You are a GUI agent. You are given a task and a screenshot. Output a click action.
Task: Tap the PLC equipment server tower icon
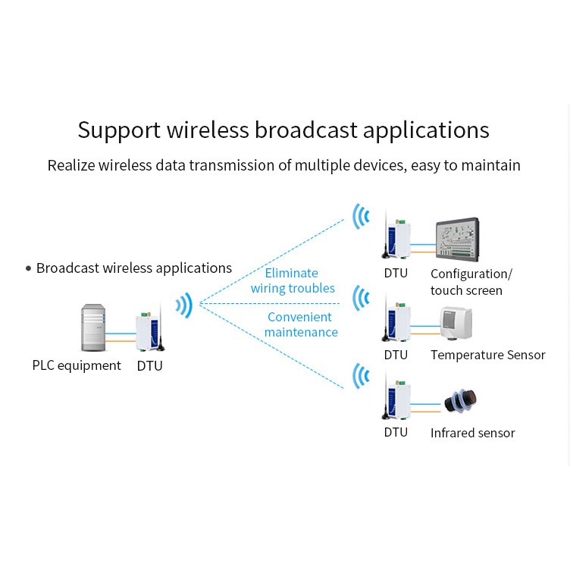pyautogui.click(x=94, y=327)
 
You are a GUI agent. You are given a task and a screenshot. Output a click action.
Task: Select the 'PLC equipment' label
pyautogui.click(x=77, y=365)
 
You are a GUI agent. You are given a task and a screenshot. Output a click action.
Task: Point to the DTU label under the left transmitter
pyautogui.click(x=149, y=366)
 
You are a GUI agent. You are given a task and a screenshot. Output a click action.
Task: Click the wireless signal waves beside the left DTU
pyautogui.click(x=183, y=305)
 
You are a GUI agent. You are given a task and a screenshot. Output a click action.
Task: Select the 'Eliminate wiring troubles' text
pyautogui.click(x=293, y=280)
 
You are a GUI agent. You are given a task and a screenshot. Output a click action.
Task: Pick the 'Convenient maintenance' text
pyautogui.click(x=300, y=324)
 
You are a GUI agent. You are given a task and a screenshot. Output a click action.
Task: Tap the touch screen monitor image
pyautogui.click(x=458, y=240)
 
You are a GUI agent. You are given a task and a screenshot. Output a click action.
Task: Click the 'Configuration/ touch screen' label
pyautogui.click(x=471, y=282)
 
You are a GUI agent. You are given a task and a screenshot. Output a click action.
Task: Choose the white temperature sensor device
pyautogui.click(x=456, y=323)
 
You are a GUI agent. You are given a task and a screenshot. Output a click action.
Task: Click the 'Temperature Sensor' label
pyautogui.click(x=487, y=355)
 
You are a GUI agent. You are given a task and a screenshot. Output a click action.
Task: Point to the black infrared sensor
pyautogui.click(x=460, y=400)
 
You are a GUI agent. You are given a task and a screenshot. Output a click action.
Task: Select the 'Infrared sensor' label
pyautogui.click(x=472, y=433)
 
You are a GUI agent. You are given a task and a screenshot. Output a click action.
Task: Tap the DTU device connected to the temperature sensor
pyautogui.click(x=396, y=320)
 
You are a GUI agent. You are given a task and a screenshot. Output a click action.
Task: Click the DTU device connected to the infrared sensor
pyautogui.click(x=396, y=397)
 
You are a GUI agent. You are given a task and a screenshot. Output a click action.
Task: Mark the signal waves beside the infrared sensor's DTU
pyautogui.click(x=362, y=376)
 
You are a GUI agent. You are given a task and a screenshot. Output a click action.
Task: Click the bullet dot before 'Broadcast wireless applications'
pyautogui.click(x=29, y=268)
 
